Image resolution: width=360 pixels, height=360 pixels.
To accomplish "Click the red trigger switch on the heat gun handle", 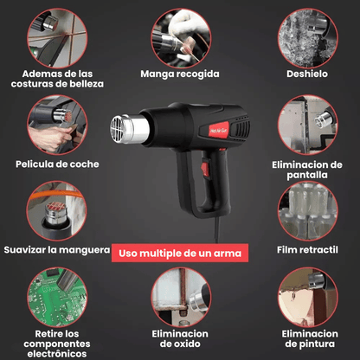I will click(203, 170).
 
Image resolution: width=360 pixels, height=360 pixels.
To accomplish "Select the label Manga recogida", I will click(180, 74).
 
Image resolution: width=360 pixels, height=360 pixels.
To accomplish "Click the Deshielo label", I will click(307, 74).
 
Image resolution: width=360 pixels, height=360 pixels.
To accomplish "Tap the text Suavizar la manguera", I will click(56, 251).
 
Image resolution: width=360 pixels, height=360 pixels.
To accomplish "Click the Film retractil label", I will click(308, 251).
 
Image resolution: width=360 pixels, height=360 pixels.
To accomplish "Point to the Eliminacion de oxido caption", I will click(180, 338).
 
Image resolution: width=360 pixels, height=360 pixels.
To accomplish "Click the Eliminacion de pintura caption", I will click(308, 338).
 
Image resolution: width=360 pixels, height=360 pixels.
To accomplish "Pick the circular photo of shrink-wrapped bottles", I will click(307, 211).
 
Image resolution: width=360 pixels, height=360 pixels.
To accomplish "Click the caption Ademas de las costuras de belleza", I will click(56, 79).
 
